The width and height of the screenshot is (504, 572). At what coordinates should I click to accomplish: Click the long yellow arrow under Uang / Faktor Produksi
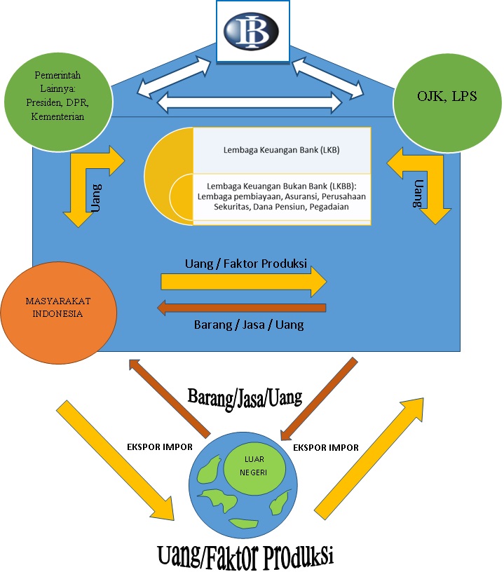(x=243, y=282)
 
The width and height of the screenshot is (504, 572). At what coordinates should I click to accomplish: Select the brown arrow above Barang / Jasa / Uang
(x=241, y=307)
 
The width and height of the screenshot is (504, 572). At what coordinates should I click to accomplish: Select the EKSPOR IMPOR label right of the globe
(x=326, y=447)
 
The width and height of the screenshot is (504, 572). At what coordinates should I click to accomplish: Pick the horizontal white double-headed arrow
(x=251, y=102)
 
